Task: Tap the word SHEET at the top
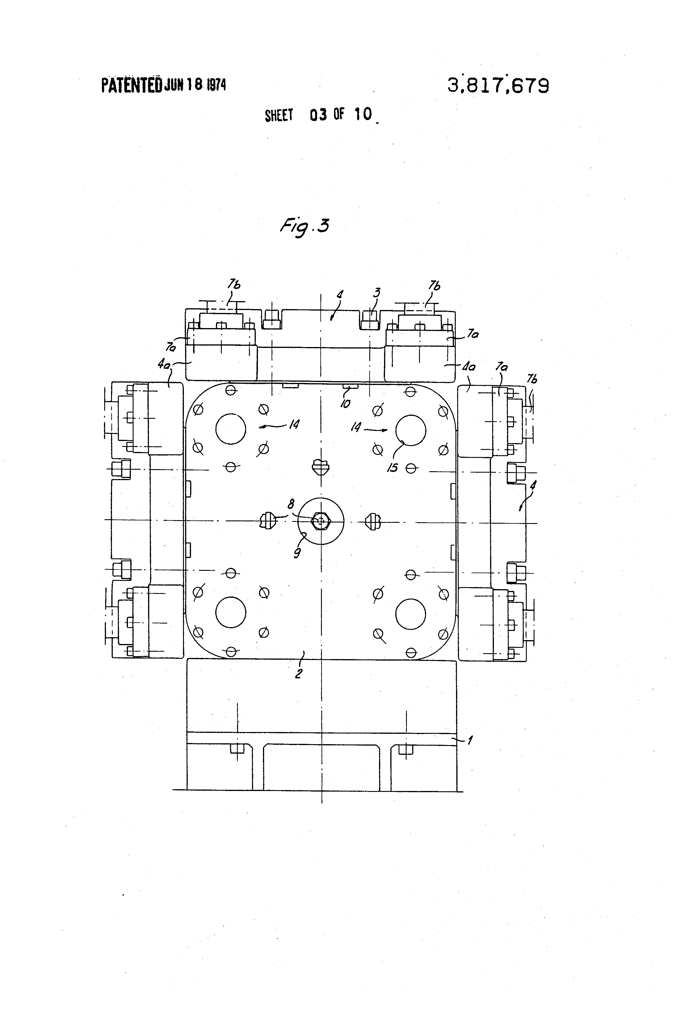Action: click(279, 116)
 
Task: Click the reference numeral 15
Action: click(393, 468)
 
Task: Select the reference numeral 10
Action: click(345, 404)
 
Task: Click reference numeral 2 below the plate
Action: click(298, 674)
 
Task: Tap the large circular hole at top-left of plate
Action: click(231, 429)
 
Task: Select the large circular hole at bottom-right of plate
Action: click(410, 614)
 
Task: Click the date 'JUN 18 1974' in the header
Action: click(195, 85)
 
